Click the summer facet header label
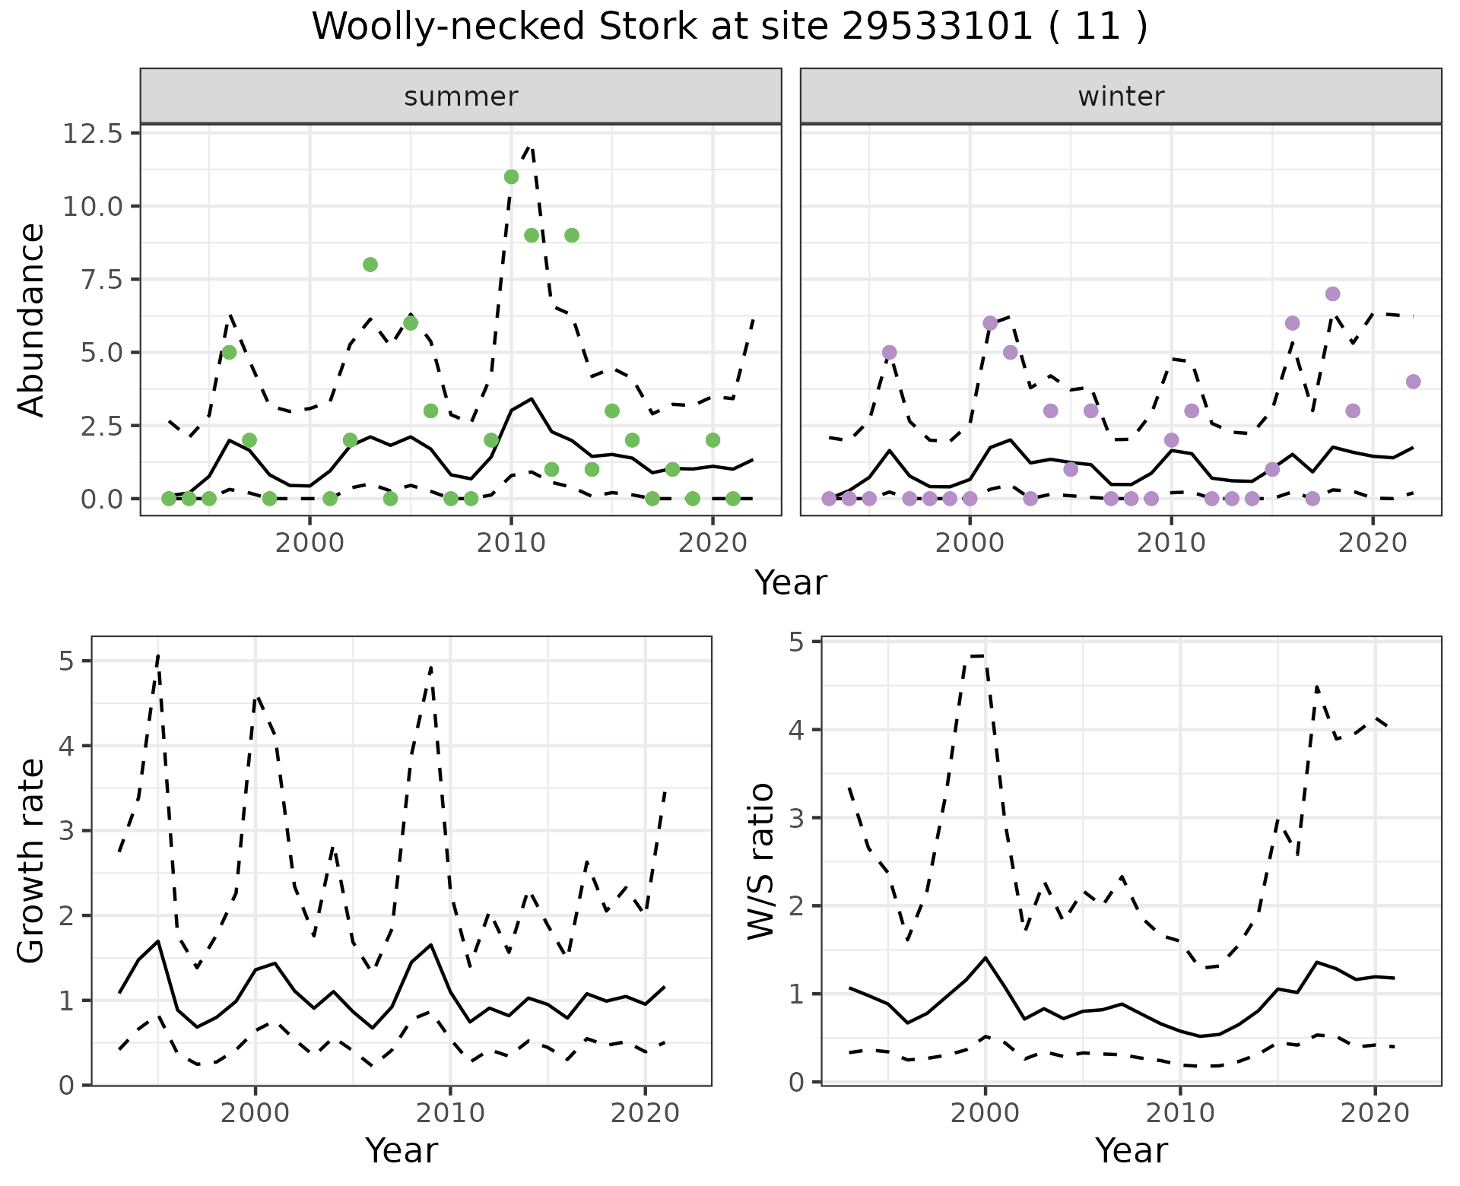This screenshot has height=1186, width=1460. [x=461, y=97]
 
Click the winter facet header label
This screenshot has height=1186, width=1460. [x=1121, y=97]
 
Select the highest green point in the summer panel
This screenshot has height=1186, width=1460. [x=511, y=177]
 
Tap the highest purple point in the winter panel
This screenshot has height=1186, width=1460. [x=1332, y=294]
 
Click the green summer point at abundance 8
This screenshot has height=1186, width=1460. [x=370, y=265]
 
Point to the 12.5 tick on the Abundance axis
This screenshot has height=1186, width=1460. [x=93, y=134]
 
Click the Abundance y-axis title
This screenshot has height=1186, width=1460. [x=32, y=320]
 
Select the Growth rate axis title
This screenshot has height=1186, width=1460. [x=32, y=861]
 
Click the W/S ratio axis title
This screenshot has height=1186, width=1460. [x=760, y=861]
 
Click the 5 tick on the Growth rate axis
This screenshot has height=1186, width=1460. [x=66, y=661]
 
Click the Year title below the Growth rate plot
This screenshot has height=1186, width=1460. [x=401, y=1150]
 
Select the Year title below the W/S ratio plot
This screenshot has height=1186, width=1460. [x=1131, y=1150]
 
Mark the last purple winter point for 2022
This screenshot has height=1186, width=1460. [x=1413, y=382]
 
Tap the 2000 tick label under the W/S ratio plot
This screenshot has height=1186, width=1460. [x=985, y=1114]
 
